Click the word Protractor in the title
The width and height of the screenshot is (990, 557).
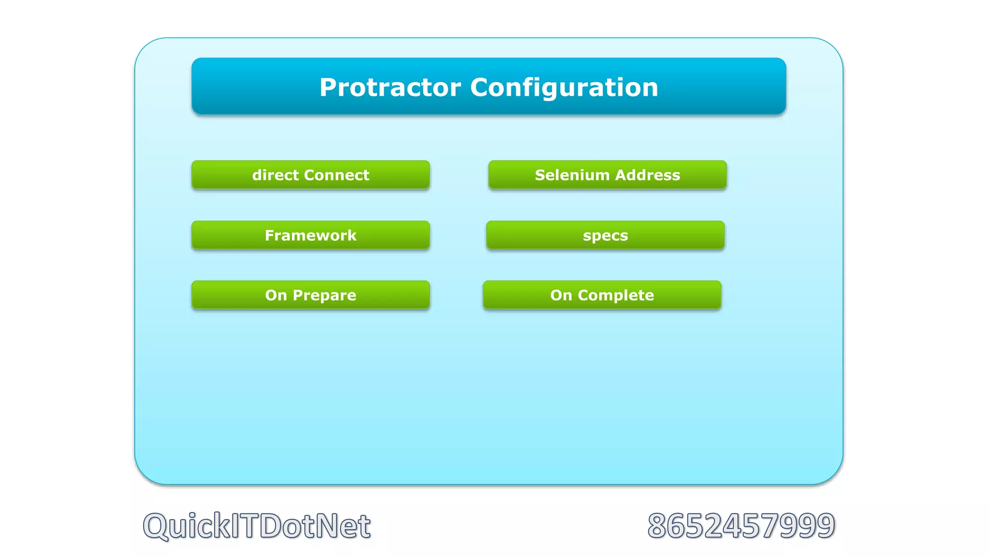390,88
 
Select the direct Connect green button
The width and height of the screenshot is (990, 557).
310,175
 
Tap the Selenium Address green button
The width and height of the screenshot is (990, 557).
607,175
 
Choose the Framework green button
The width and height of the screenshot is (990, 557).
310,235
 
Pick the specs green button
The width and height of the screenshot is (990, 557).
605,235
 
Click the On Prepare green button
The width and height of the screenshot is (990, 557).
310,295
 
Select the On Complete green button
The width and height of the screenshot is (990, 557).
602,295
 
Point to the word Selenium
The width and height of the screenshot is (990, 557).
572,175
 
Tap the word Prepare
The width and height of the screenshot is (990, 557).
324,295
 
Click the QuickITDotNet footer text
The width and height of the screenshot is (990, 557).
257,526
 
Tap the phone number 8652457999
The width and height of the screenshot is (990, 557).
741,526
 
